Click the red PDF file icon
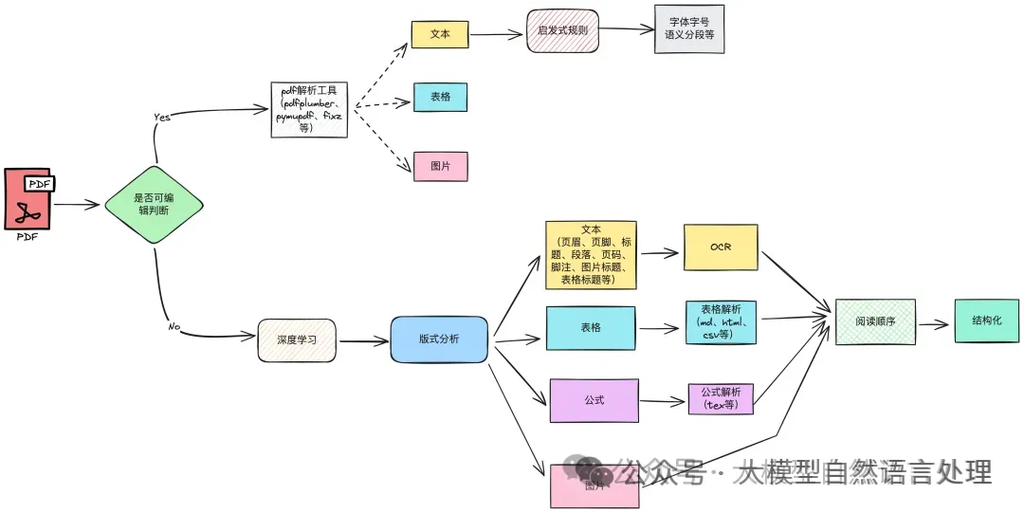pos(27,199)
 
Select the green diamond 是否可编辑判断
pos(155,205)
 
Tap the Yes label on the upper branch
pos(162,117)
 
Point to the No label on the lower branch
pos(174,326)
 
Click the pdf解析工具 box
pos(309,110)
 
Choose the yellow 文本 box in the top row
pos(440,34)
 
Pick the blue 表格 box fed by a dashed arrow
pos(440,97)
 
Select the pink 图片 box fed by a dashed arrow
pos(440,166)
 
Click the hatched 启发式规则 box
pos(563,30)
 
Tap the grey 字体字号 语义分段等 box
pos(689,28)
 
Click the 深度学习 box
pos(297,339)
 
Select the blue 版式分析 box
pos(439,339)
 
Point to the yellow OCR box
pos(721,247)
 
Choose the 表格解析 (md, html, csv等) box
pos(721,321)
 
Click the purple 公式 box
pos(594,400)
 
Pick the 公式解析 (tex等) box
pos(721,398)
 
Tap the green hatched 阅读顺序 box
pos(875,321)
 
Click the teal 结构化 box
pos(986,321)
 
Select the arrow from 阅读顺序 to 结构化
pos(933,323)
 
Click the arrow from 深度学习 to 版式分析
pos(363,340)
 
